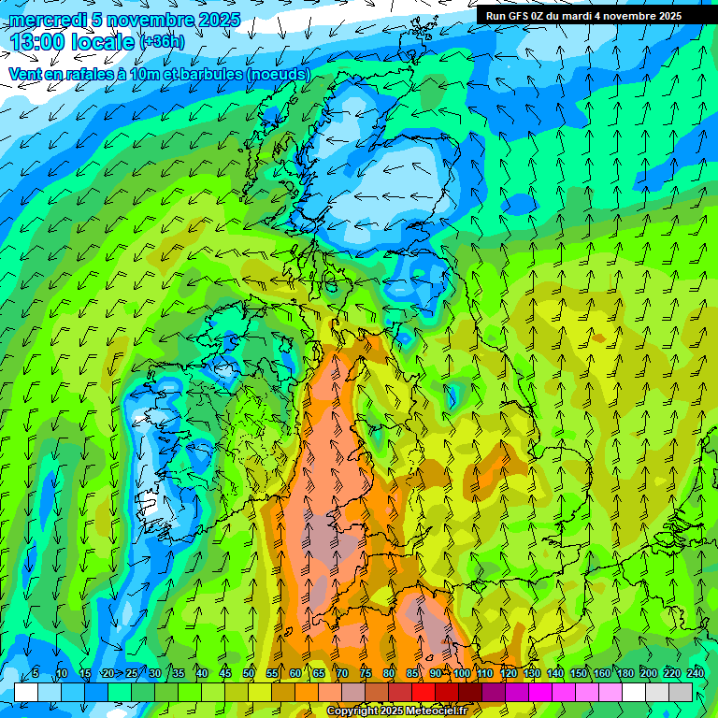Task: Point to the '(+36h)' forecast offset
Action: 162,41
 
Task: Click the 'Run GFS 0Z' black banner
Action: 596,16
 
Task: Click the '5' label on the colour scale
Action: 36,674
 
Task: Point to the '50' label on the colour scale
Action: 249,674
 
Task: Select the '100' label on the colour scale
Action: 462,674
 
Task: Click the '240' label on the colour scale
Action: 696,674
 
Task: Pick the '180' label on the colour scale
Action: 625,674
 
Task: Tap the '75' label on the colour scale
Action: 366,674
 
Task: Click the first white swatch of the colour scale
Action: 26,692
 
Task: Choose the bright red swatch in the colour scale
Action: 424,692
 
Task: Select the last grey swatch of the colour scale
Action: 681,692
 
